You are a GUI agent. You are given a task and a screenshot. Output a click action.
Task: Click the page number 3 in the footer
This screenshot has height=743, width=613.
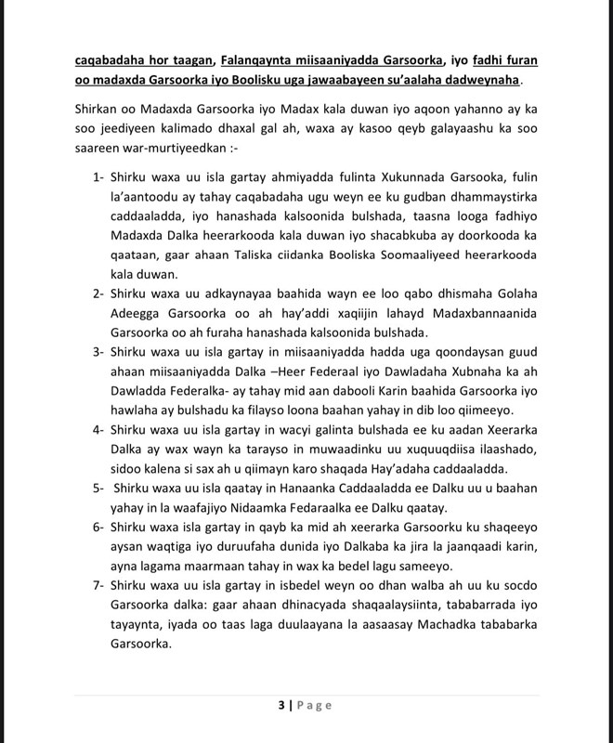click(280, 706)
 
